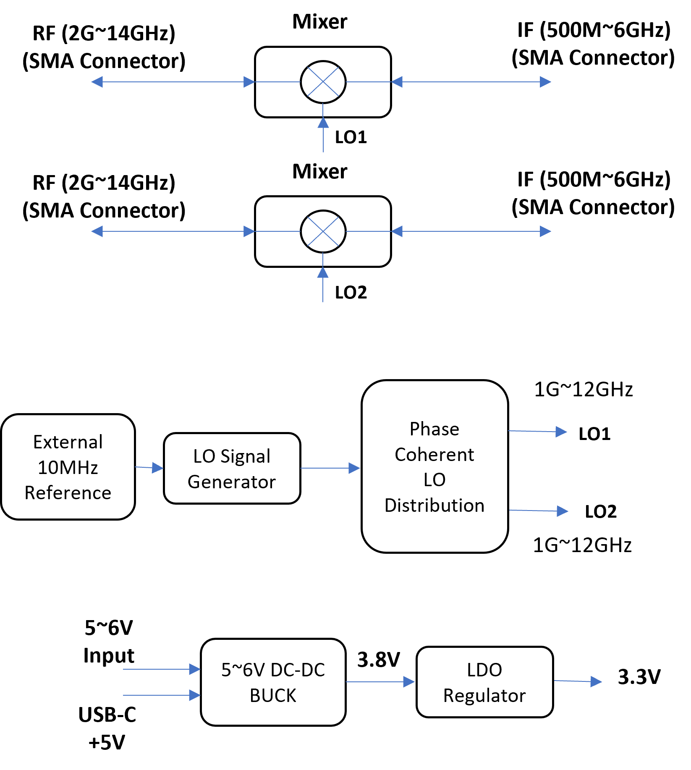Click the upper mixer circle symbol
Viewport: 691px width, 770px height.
pos(323,82)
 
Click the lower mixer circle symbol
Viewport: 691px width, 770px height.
pos(323,231)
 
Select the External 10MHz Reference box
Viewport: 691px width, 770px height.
pos(68,467)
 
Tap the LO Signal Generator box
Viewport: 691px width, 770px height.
pos(232,469)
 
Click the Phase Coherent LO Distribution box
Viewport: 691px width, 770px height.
pos(434,466)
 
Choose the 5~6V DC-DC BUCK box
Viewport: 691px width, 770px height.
pos(273,682)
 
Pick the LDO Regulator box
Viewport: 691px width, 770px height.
pos(484,682)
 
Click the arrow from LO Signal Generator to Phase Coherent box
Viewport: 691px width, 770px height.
pos(330,468)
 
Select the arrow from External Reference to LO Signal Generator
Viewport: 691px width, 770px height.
pos(149,467)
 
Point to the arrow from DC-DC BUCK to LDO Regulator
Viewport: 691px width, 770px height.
pos(380,682)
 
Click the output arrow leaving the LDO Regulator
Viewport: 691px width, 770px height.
pos(578,681)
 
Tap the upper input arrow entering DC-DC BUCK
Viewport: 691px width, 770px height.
pos(162,669)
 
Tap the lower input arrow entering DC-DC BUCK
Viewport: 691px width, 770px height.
pos(162,695)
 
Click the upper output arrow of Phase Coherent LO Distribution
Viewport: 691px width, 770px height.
pos(537,431)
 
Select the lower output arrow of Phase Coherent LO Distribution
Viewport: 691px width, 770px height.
pos(539,511)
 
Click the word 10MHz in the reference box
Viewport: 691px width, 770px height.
pos(68,468)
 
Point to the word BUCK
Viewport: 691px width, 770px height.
pos(273,696)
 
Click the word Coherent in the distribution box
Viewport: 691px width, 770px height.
pos(434,455)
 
